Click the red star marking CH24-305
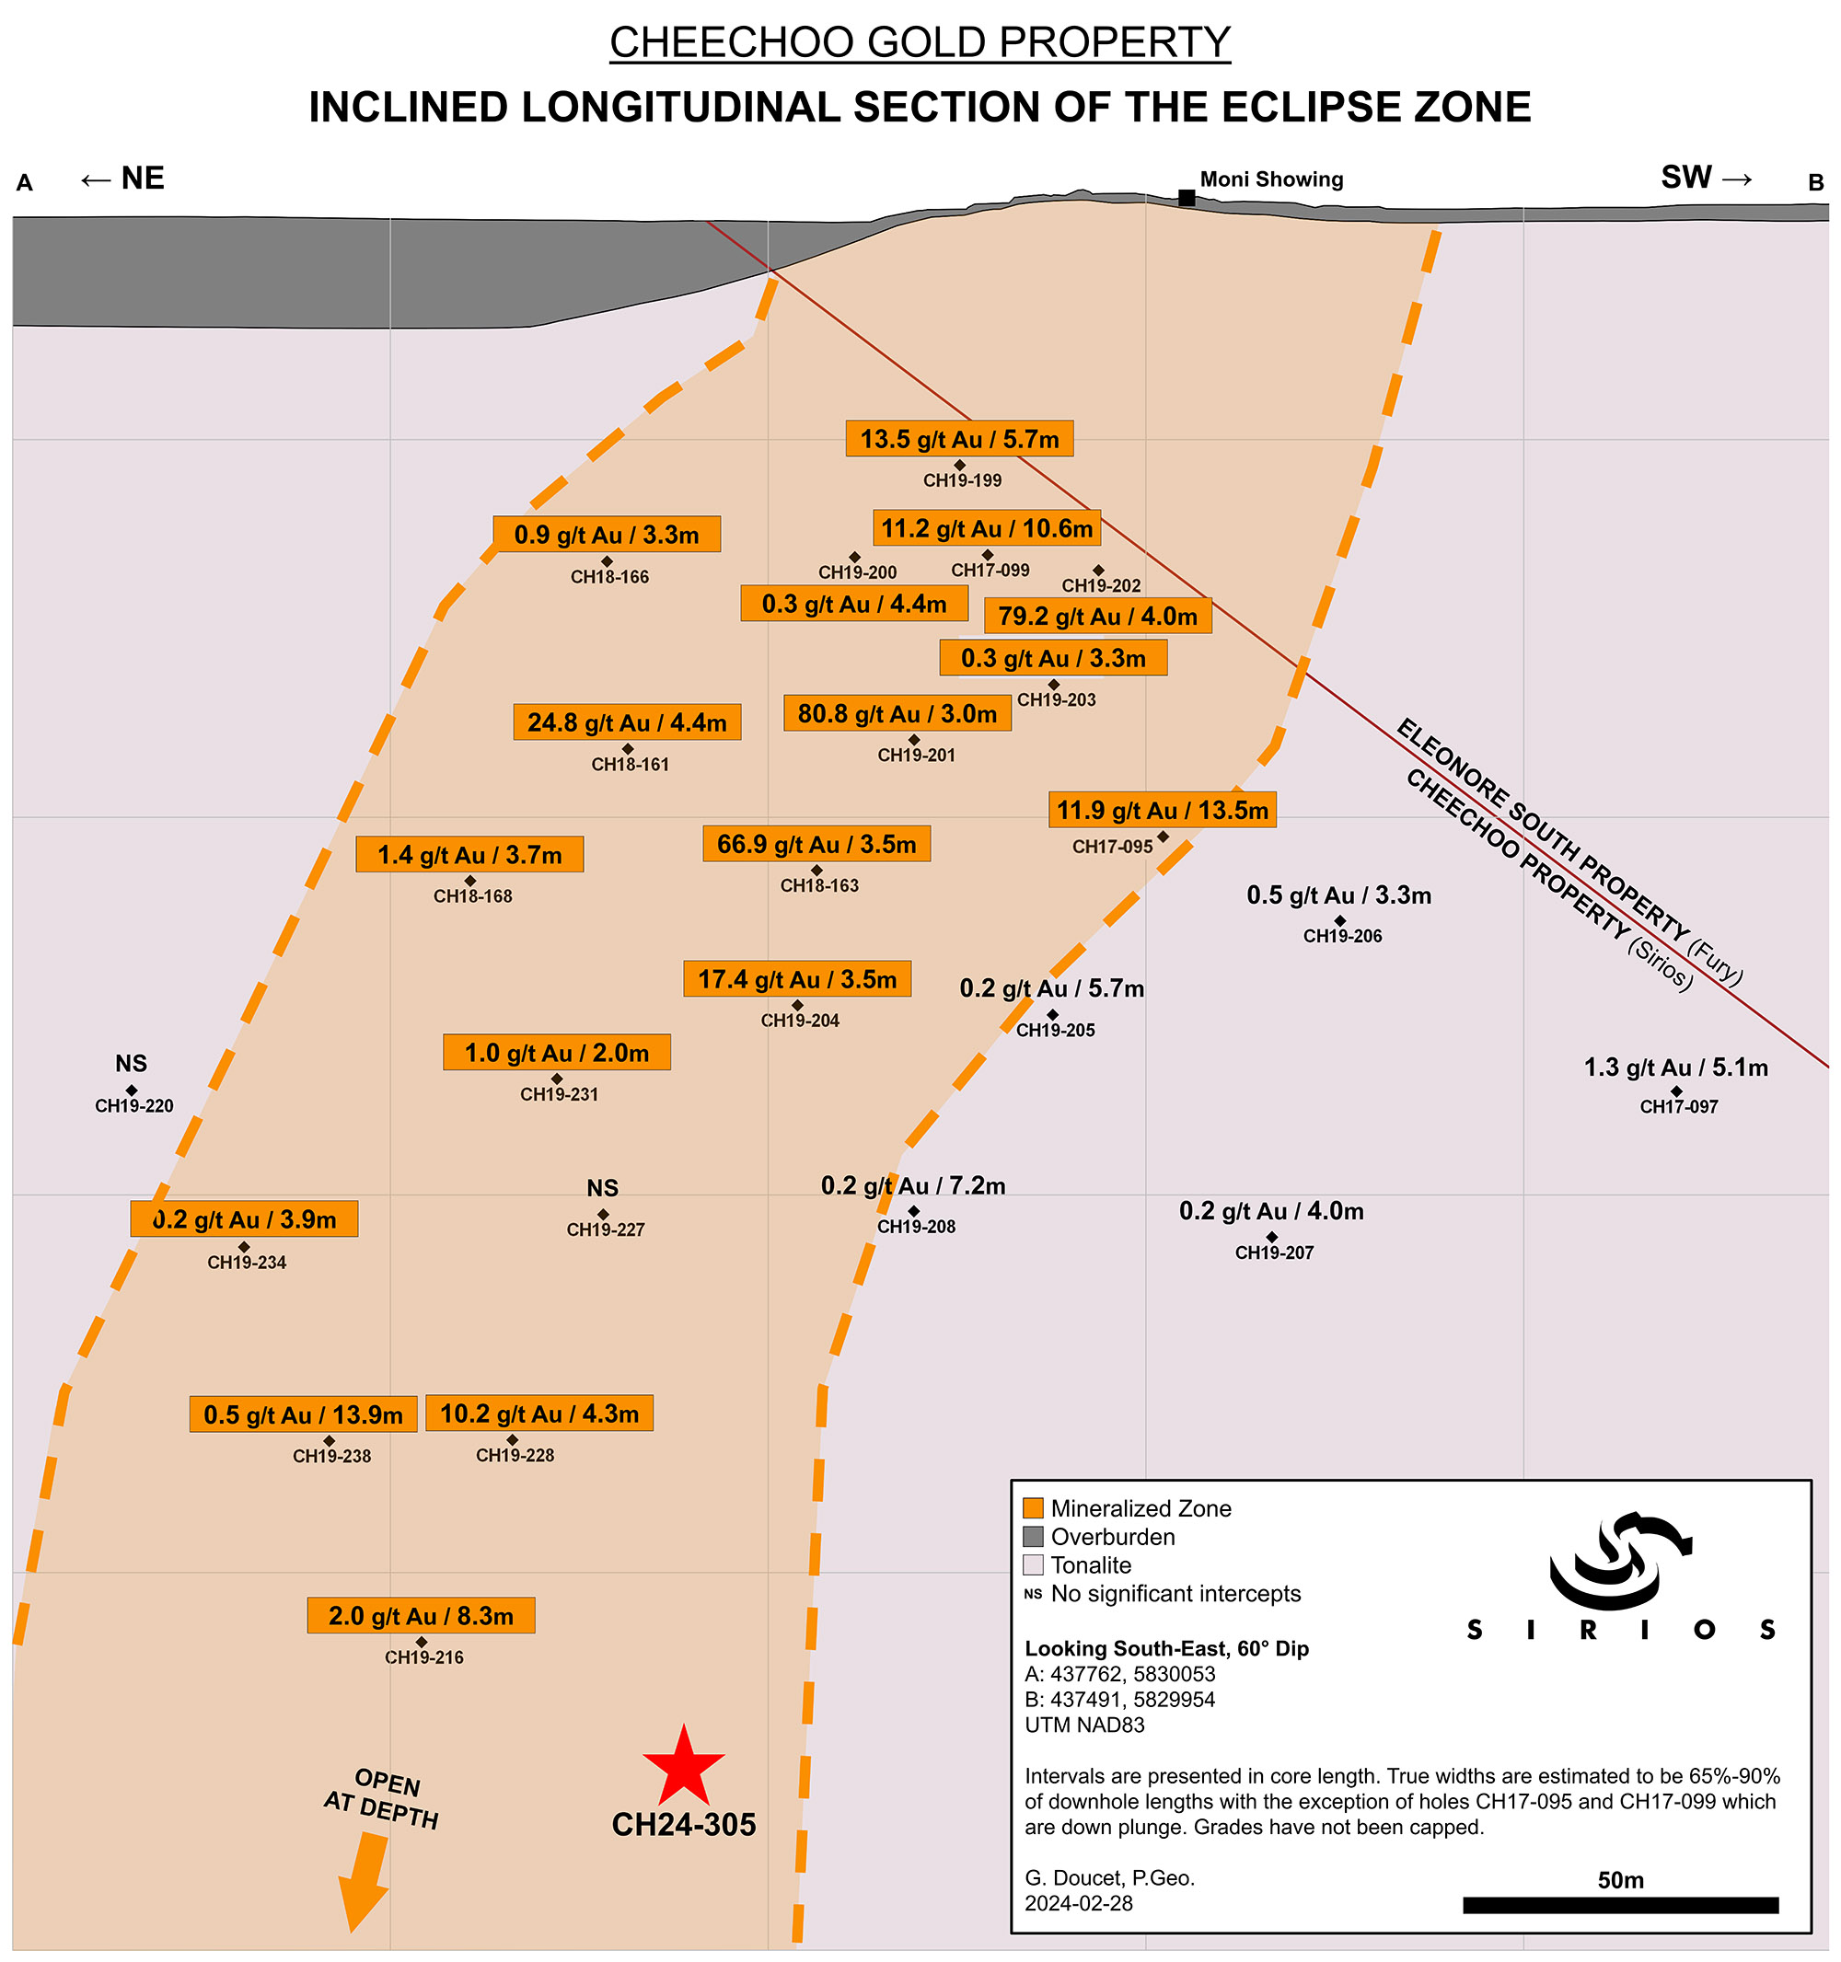pyautogui.click(x=683, y=1767)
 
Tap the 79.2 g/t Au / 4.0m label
pyautogui.click(x=1096, y=617)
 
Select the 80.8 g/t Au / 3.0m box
pyautogui.click(x=897, y=713)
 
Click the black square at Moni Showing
pyautogui.click(x=1187, y=199)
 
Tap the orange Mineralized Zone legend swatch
pyautogui.click(x=1033, y=1508)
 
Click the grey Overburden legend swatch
pyautogui.click(x=1033, y=1537)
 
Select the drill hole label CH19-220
pyautogui.click(x=134, y=1106)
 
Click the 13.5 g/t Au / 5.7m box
pyautogui.click(x=958, y=439)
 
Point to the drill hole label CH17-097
pyautogui.click(x=1678, y=1107)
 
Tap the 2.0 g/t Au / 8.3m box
pyautogui.click(x=421, y=1616)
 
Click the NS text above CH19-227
pyautogui.click(x=602, y=1188)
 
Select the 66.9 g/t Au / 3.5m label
pyautogui.click(x=816, y=845)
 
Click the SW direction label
pyautogui.click(x=1685, y=178)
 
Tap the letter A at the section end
pyautogui.click(x=25, y=182)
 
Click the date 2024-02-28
pyautogui.click(x=1078, y=1904)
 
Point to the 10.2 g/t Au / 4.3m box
pyautogui.click(x=539, y=1414)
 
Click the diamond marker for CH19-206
pyautogui.click(x=1339, y=921)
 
